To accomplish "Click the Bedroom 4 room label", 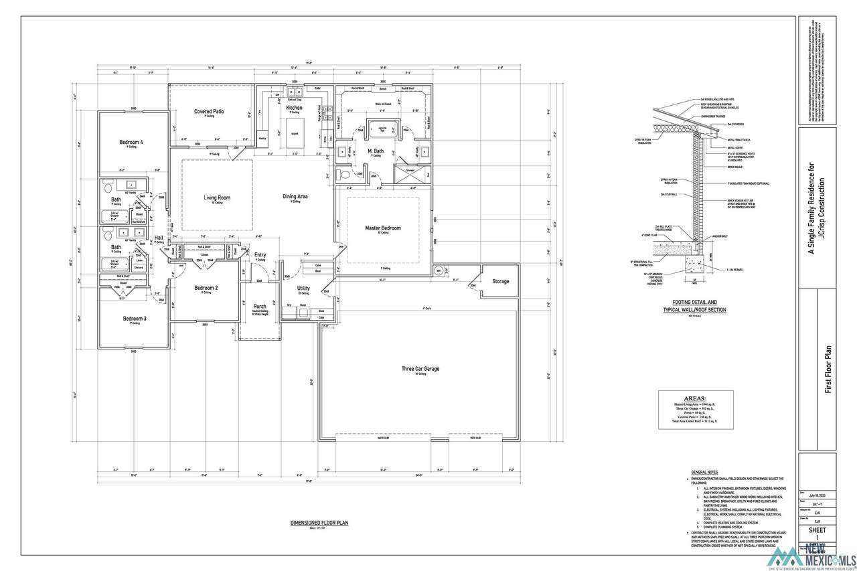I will pyautogui.click(x=132, y=142).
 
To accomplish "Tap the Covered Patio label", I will pyautogui.click(x=209, y=111).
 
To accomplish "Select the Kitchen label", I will pyautogui.click(x=295, y=108).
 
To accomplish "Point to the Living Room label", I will pyautogui.click(x=217, y=197).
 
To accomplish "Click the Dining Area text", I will pyautogui.click(x=295, y=196).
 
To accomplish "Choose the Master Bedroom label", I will pyautogui.click(x=383, y=228).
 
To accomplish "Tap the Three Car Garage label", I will pyautogui.click(x=420, y=368).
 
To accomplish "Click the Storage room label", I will pyautogui.click(x=500, y=281).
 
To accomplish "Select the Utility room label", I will pyautogui.click(x=303, y=288).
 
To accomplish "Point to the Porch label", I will pyautogui.click(x=260, y=306).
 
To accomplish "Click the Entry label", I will pyautogui.click(x=260, y=254).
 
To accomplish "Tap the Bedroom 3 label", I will pyautogui.click(x=135, y=319).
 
